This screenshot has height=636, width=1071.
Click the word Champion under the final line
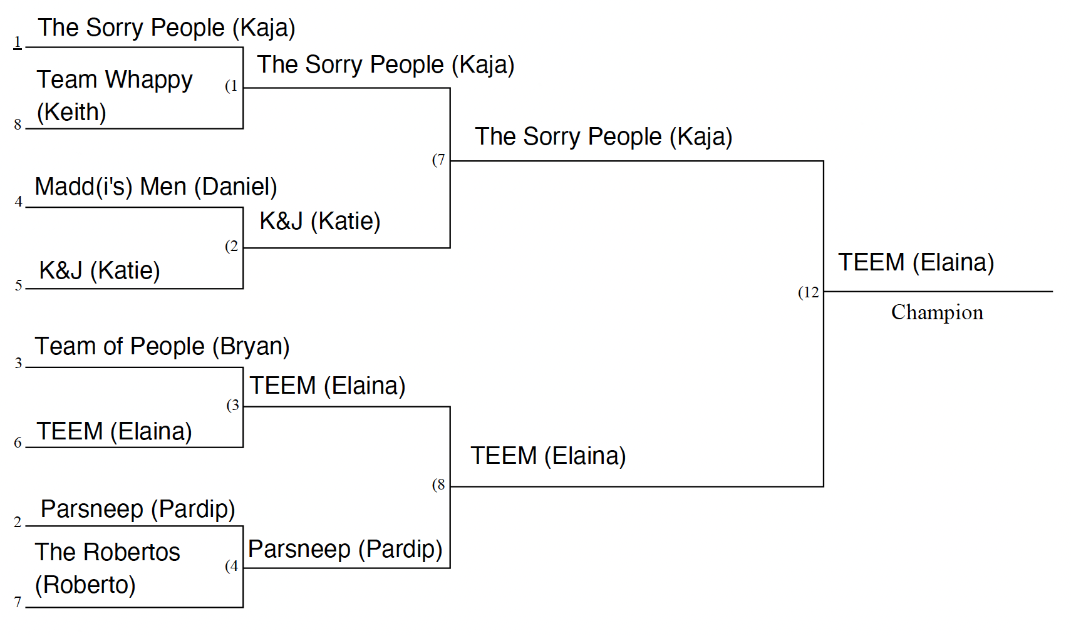(x=936, y=312)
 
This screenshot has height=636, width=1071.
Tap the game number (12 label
(x=808, y=292)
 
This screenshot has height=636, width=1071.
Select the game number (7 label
(x=438, y=160)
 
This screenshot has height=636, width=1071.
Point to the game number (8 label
(x=438, y=485)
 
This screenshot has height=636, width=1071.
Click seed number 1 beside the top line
(x=18, y=42)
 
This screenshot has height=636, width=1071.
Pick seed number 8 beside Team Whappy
(x=18, y=125)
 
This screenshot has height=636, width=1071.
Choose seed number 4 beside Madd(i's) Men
(x=18, y=202)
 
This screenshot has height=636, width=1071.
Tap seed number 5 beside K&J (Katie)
(x=18, y=285)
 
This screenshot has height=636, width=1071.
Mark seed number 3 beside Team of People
(x=18, y=363)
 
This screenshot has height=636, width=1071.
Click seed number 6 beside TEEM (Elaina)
(x=18, y=443)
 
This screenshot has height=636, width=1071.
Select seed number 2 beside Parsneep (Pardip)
(x=18, y=522)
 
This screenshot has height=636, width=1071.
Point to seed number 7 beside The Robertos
(x=18, y=602)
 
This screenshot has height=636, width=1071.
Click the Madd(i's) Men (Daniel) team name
(x=155, y=187)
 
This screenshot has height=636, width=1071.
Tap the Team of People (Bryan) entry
(x=162, y=346)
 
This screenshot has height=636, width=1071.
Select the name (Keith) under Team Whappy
(x=71, y=112)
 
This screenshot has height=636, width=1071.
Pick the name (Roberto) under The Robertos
(x=85, y=585)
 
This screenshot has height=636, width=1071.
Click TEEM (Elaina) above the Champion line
(x=916, y=262)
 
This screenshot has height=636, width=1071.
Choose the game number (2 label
(x=232, y=247)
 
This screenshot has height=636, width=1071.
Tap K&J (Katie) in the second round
(x=319, y=221)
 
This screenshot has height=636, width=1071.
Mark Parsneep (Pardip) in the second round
(x=345, y=549)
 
